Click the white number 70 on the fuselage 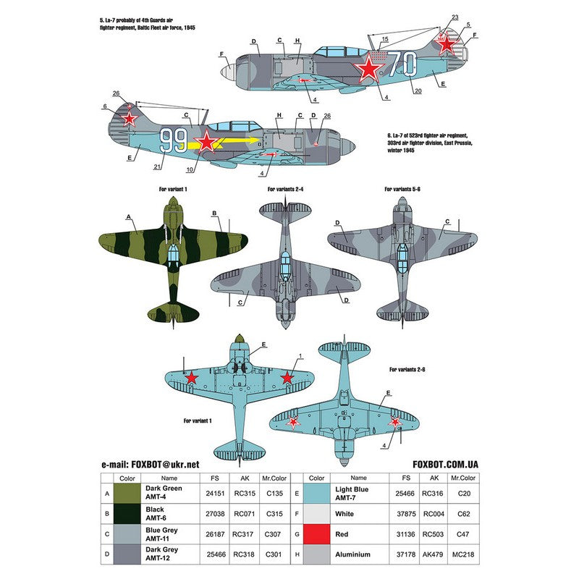click(402, 64)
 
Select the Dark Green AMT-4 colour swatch click(121, 494)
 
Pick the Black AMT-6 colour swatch click(121, 514)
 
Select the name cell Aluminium click(352, 554)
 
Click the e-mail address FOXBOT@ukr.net click(150, 465)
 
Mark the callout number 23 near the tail click(455, 17)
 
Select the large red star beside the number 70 click(369, 68)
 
